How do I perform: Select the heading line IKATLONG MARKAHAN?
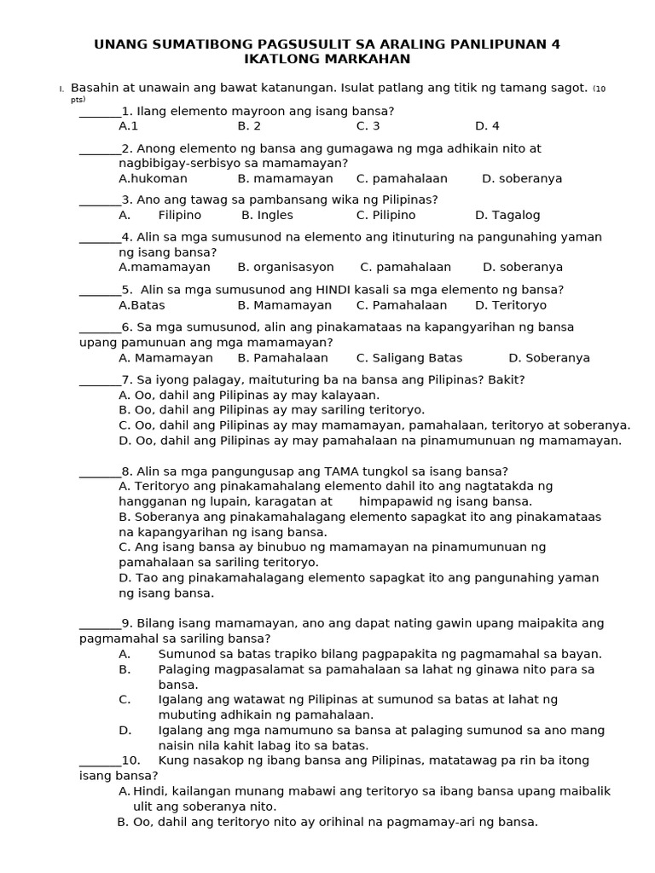click(x=327, y=59)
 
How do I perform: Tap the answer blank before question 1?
click(x=100, y=112)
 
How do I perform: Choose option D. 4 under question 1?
click(x=487, y=126)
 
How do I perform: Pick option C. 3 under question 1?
click(x=368, y=126)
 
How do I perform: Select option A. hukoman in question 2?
click(x=153, y=179)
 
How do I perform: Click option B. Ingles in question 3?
click(x=267, y=216)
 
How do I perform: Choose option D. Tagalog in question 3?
click(x=507, y=216)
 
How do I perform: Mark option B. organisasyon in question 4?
click(x=286, y=268)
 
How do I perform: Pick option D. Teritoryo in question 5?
click(x=511, y=305)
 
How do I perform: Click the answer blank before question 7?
click(x=100, y=380)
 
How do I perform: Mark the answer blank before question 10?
click(x=100, y=760)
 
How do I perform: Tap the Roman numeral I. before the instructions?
click(x=61, y=90)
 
